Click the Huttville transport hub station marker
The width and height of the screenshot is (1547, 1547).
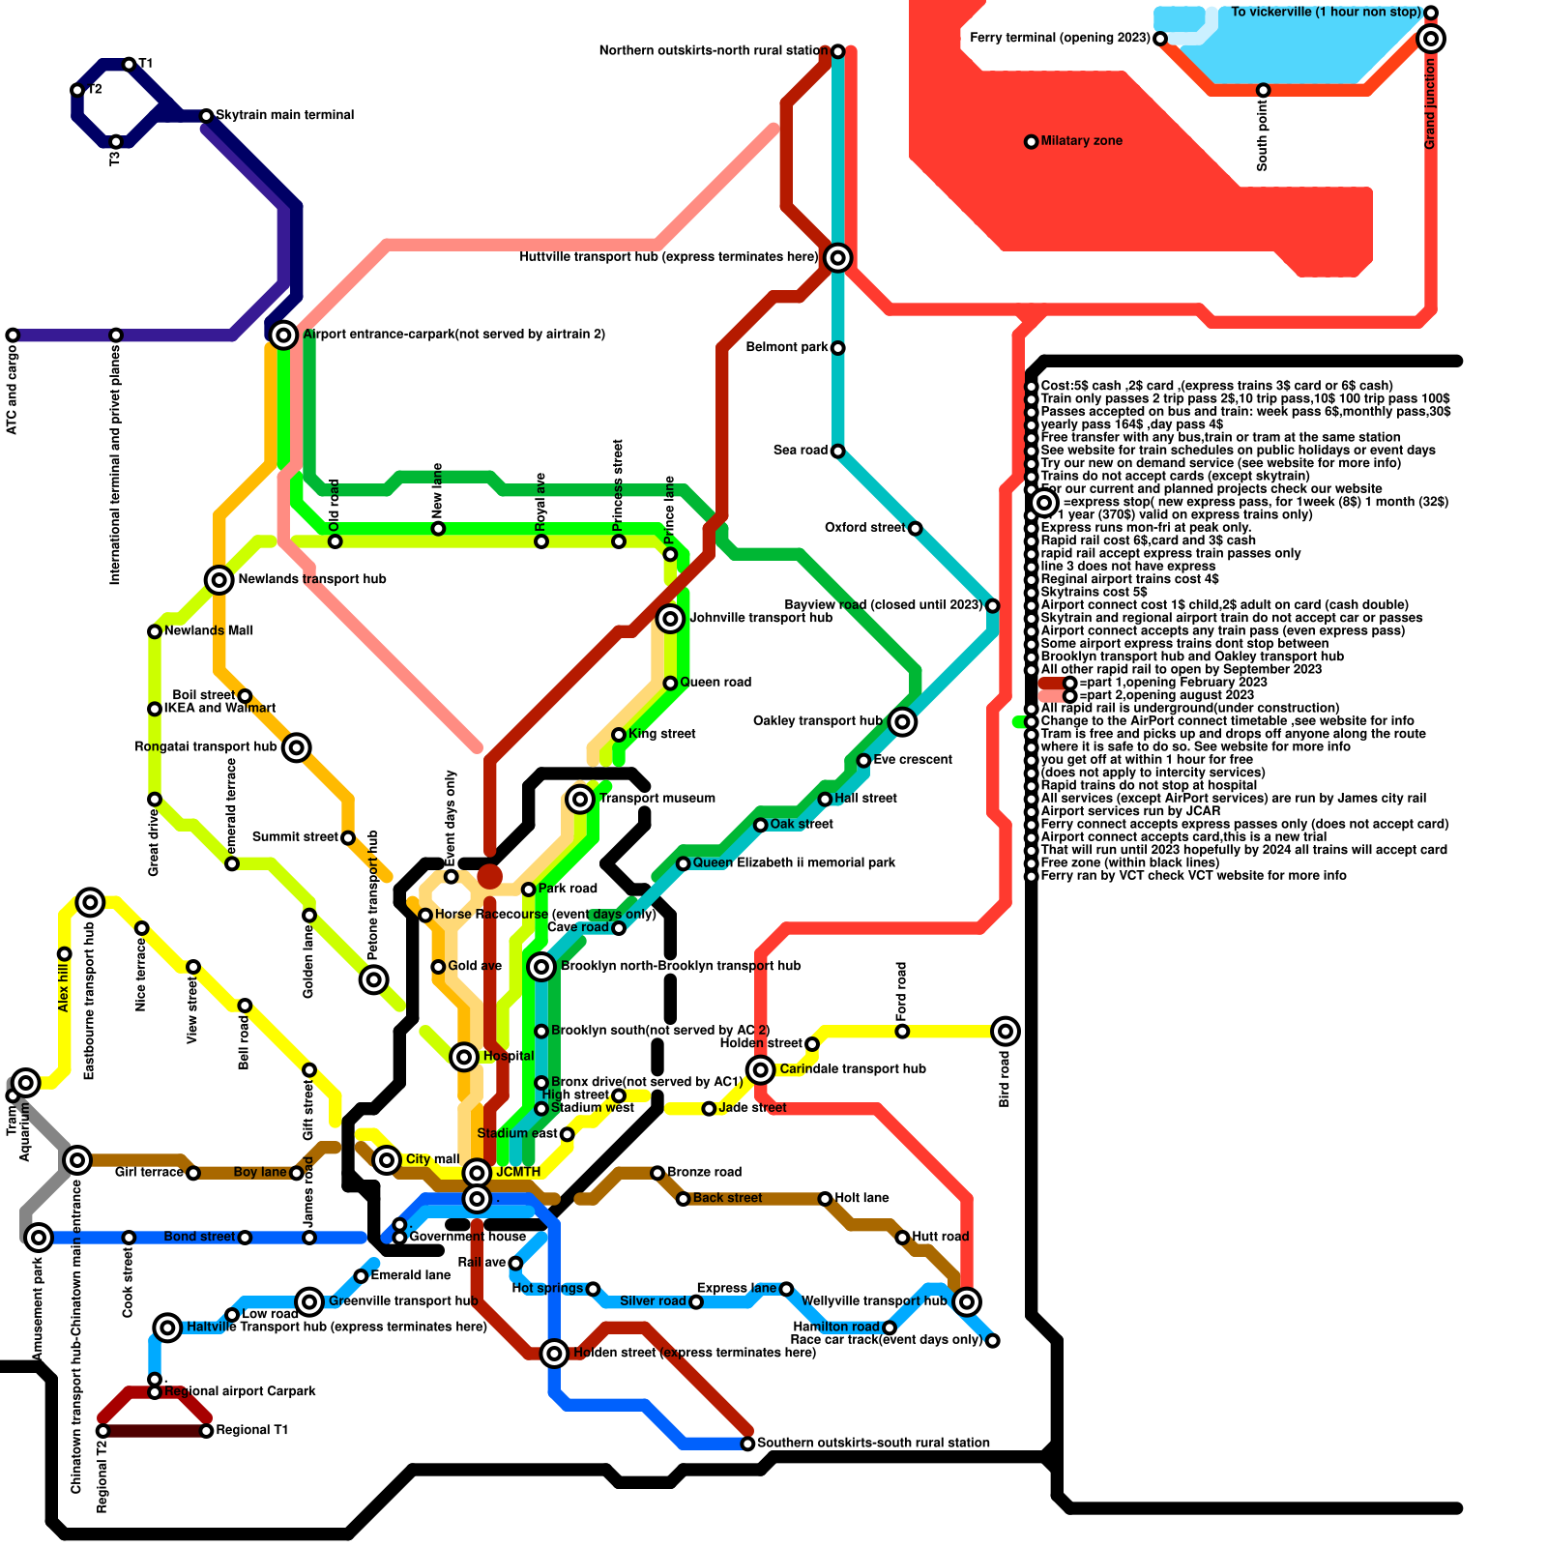point(838,257)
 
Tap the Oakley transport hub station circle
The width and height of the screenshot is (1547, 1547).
point(902,721)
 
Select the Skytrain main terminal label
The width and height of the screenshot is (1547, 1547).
point(284,115)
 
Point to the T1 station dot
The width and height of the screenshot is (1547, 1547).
point(130,64)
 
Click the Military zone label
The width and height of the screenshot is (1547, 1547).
point(1081,141)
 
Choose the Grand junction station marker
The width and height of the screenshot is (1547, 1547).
point(1431,39)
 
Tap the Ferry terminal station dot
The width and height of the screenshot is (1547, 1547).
point(1160,39)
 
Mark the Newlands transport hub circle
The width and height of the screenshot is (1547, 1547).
point(219,579)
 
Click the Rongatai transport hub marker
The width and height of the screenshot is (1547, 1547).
point(297,747)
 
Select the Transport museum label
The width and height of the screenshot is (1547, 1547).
point(657,799)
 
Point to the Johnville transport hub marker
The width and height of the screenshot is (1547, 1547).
point(670,619)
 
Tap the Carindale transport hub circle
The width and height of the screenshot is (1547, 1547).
point(761,1069)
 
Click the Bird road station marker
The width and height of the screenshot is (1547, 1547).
point(1006,1031)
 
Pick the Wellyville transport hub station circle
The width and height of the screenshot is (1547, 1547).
point(967,1301)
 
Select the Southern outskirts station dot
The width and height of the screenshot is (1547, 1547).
point(747,1444)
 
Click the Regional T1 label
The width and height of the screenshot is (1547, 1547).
point(252,1430)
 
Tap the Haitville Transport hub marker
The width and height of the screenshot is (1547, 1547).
point(167,1327)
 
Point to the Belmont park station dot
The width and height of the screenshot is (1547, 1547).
point(838,348)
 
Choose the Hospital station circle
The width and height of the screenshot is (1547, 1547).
point(464,1057)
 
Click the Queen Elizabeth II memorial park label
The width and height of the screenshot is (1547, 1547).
point(794,862)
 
